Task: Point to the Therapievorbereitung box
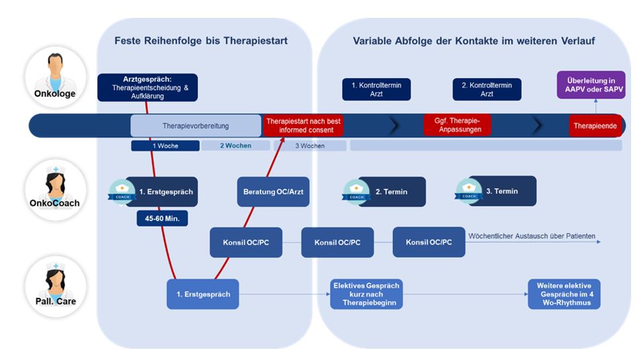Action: tap(196, 126)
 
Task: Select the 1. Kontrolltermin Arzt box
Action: tap(376, 89)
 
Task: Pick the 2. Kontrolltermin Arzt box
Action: tap(487, 89)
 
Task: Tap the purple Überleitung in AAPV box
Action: tap(591, 85)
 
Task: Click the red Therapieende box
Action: tap(595, 126)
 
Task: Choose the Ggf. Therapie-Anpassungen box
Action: tap(457, 125)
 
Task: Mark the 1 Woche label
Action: tap(165, 146)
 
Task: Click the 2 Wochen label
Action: tap(235, 146)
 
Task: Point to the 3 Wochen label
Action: tap(309, 146)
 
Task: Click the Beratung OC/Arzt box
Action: tap(273, 192)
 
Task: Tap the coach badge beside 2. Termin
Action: tap(356, 192)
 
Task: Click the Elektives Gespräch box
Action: tap(366, 294)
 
